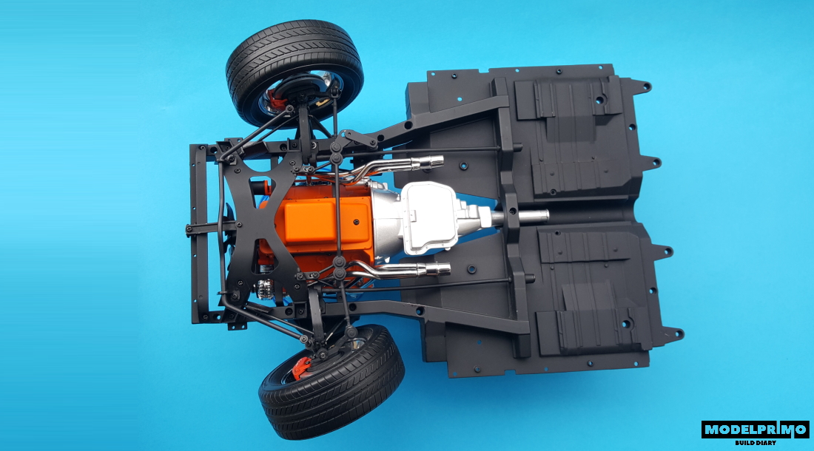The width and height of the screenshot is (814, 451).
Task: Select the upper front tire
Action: tap(295, 72)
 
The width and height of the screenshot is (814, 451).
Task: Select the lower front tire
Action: tap(332, 381)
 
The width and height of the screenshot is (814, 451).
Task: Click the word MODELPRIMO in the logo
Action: tap(755, 430)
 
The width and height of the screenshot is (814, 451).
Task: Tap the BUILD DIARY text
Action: tap(756, 443)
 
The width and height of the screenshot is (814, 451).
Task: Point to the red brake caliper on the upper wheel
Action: tap(275, 98)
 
